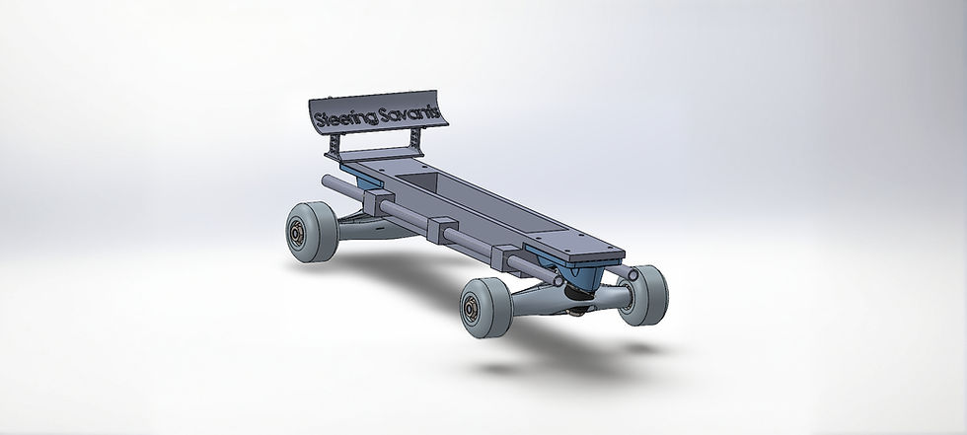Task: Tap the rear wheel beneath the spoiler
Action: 312,232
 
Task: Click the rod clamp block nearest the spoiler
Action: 378,205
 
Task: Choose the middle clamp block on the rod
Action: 442,228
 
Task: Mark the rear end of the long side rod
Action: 329,183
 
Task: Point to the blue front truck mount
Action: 580,277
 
